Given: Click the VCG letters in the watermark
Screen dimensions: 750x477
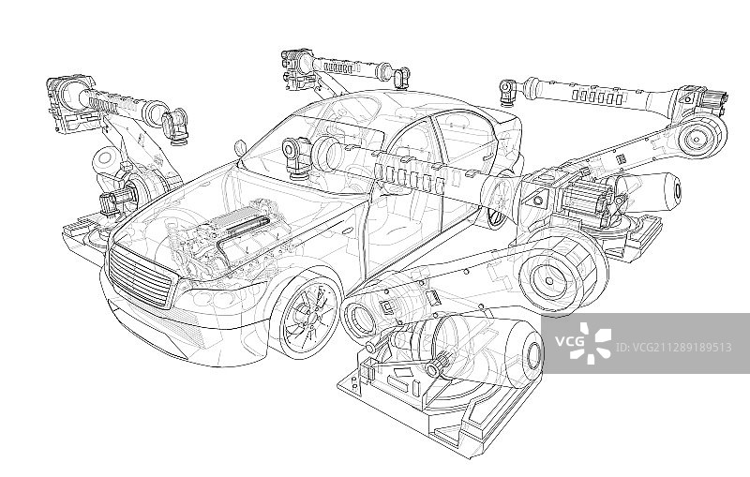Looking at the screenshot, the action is click(x=569, y=341).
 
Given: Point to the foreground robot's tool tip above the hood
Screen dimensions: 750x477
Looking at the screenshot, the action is click(x=295, y=157).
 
